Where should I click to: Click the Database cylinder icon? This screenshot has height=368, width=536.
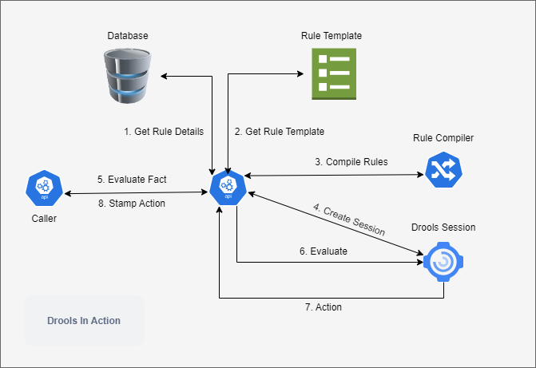point(128,76)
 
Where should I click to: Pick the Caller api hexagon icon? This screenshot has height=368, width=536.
point(45,187)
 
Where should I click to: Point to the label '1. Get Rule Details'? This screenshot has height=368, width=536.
point(163,131)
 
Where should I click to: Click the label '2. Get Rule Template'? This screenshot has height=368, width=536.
point(280,131)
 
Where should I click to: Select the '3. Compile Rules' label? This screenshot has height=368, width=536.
point(351,161)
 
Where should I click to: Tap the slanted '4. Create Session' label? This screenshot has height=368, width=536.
point(349,220)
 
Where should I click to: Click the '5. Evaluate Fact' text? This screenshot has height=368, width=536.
point(131,180)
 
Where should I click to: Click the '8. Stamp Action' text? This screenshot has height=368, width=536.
point(131,203)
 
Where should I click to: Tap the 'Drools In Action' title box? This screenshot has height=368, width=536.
point(84,321)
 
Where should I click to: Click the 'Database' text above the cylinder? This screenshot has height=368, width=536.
point(128,36)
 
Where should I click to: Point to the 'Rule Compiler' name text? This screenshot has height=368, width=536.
point(443,138)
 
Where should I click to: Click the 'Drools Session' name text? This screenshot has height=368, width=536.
point(443,228)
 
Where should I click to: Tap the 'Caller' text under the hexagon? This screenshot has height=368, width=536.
point(45,217)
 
